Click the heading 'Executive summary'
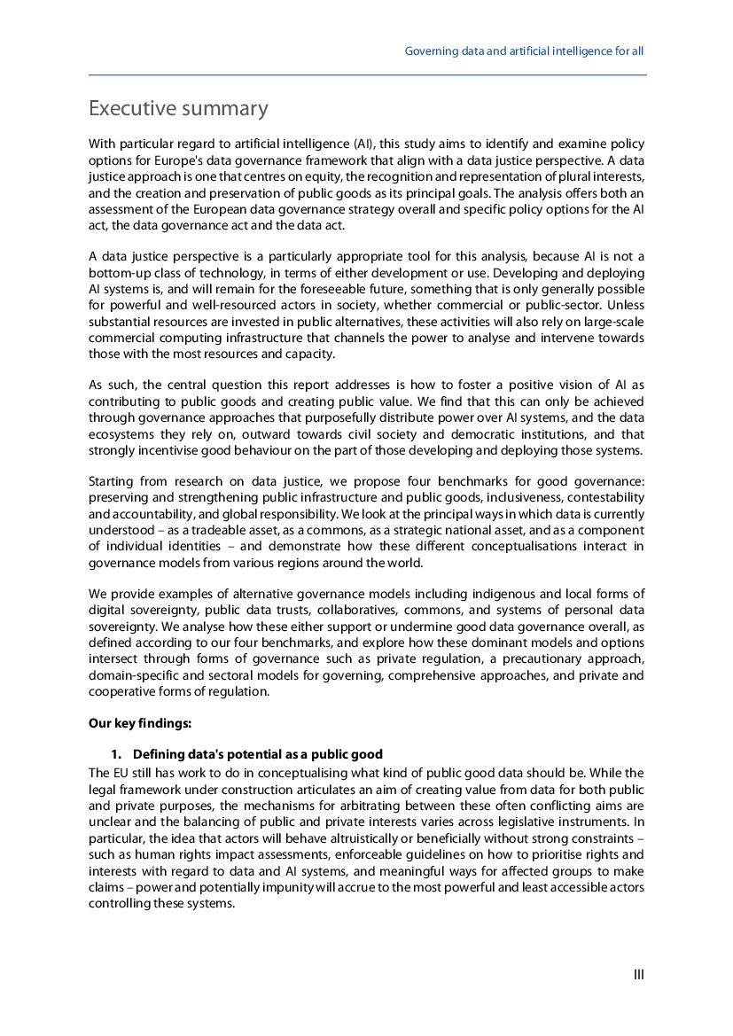(x=178, y=109)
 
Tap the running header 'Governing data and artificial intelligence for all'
(x=524, y=51)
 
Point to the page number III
(x=638, y=975)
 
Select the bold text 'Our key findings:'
(x=140, y=723)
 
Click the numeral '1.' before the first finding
(x=115, y=754)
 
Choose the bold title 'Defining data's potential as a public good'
(x=258, y=754)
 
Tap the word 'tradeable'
(x=219, y=530)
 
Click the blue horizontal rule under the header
(x=367, y=75)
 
